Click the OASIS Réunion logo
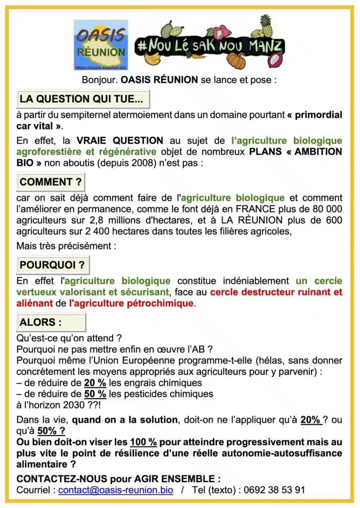pos(101,45)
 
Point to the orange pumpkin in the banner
pos(237,60)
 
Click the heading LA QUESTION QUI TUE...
pos(82,99)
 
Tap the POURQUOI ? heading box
pos(53,265)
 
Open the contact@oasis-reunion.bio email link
pos(116,490)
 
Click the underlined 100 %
pos(143,442)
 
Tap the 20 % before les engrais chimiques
pos(95,383)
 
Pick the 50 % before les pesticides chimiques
pos(95,394)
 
